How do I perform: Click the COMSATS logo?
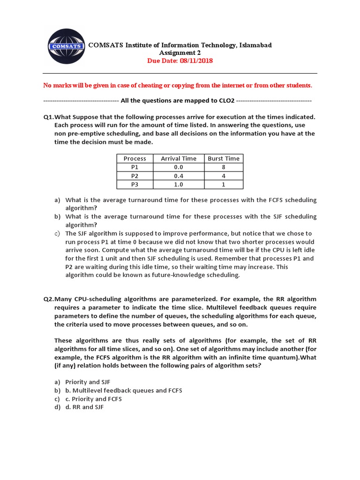pyautogui.click(x=66, y=47)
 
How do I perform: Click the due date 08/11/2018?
pyautogui.click(x=196, y=61)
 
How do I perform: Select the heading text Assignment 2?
pyautogui.click(x=180, y=53)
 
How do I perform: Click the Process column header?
pyautogui.click(x=135, y=158)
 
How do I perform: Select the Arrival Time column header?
pyautogui.click(x=179, y=158)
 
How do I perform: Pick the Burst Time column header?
pyautogui.click(x=224, y=158)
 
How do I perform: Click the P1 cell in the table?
pyautogui.click(x=135, y=167)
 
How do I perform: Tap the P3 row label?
pyautogui.click(x=135, y=184)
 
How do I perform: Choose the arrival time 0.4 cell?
pyautogui.click(x=179, y=176)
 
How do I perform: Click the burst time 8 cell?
pyautogui.click(x=224, y=167)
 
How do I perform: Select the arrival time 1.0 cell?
pyautogui.click(x=179, y=184)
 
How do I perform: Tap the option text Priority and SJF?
pyautogui.click(x=88, y=382)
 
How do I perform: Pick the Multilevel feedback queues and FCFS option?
pyautogui.click(x=124, y=390)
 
